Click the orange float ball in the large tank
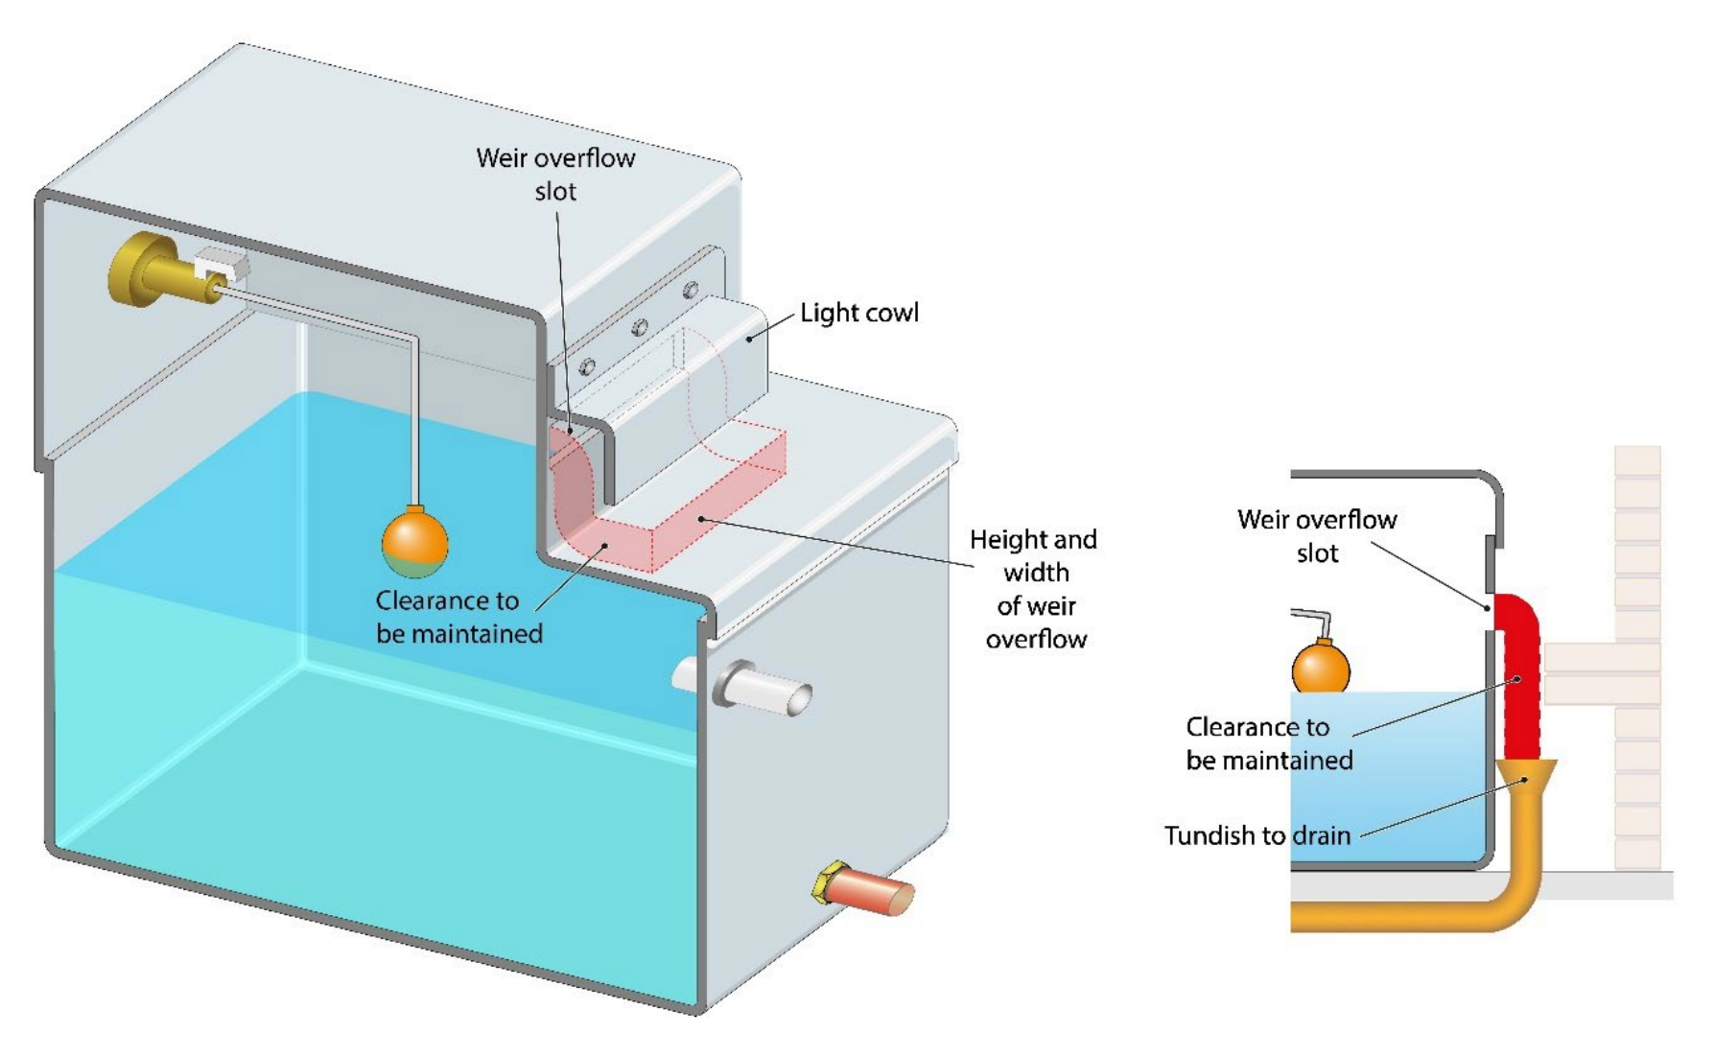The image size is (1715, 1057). click(x=414, y=543)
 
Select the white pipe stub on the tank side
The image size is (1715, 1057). click(x=758, y=687)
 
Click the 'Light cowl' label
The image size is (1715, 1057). click(x=858, y=314)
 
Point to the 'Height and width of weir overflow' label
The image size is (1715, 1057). click(x=1034, y=589)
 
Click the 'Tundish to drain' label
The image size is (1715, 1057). click(x=1257, y=835)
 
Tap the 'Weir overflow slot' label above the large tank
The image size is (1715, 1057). click(x=555, y=175)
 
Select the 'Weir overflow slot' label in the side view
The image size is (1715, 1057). click(x=1316, y=536)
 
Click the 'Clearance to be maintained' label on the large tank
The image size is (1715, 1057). click(x=458, y=617)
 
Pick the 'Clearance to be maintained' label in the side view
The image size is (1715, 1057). click(x=1268, y=743)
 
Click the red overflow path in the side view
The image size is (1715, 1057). click(x=1520, y=681)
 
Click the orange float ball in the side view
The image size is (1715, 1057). click(x=1321, y=669)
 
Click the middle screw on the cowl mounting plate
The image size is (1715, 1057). click(x=640, y=328)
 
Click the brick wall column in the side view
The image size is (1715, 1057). click(x=1636, y=575)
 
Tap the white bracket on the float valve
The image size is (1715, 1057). click(x=223, y=263)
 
